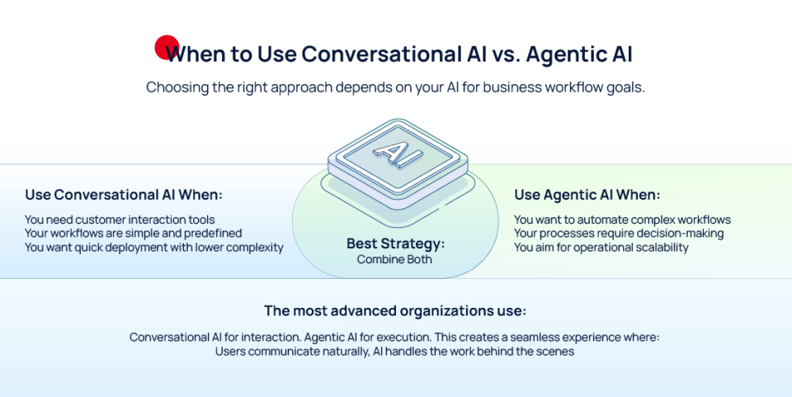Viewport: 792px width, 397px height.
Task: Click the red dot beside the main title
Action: [x=167, y=47]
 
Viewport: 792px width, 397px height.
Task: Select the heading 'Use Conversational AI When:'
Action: [x=124, y=195]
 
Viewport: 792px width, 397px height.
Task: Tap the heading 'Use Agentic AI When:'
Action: [x=587, y=195]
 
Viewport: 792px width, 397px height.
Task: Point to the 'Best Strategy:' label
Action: [x=396, y=244]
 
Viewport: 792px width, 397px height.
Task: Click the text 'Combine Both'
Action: [x=396, y=259]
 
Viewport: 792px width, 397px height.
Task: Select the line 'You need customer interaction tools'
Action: [x=120, y=220]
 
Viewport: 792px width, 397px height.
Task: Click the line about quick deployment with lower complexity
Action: [x=154, y=247]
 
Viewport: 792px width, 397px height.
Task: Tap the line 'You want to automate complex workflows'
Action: [x=622, y=220]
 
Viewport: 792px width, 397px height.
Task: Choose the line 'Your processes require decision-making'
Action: [x=619, y=234]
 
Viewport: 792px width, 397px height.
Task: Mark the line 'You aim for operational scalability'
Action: [x=601, y=247]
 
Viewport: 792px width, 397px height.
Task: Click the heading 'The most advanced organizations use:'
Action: [x=395, y=311]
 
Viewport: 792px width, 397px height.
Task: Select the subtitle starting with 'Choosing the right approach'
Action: [x=395, y=87]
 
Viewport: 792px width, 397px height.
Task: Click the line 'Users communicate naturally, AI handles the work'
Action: [x=394, y=352]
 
